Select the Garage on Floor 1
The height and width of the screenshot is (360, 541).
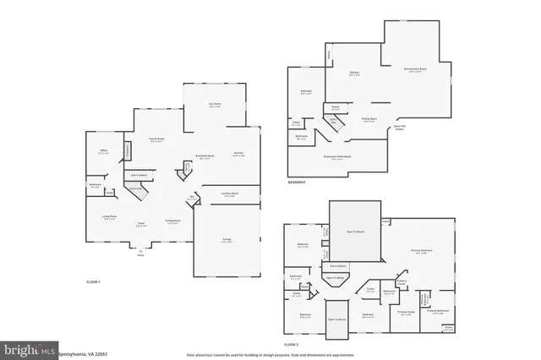[x=227, y=239]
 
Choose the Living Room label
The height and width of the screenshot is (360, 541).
[x=111, y=216]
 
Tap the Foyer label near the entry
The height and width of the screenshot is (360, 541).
[x=144, y=224]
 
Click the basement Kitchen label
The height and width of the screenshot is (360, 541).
[x=355, y=74]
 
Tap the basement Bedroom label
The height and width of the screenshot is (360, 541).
[x=307, y=92]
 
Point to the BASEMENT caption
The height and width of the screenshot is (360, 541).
[x=297, y=181]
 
